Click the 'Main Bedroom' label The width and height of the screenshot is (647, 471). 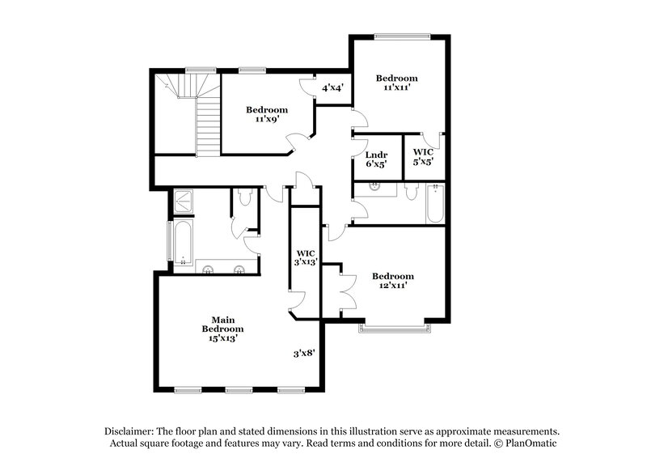point(222,325)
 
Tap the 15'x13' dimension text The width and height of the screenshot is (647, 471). point(222,339)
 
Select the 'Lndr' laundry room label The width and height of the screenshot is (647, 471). point(375,154)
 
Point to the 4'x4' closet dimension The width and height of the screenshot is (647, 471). point(333,87)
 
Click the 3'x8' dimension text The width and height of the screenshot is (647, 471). point(304,353)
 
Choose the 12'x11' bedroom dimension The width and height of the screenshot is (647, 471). point(393,285)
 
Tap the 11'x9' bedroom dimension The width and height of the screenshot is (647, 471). point(266,119)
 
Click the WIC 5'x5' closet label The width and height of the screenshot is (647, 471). point(423,156)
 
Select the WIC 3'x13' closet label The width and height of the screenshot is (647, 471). point(305,257)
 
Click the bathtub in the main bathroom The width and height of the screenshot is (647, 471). point(182,242)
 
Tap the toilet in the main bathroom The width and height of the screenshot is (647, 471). point(244,198)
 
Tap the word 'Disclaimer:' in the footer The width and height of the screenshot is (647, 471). point(129,431)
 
